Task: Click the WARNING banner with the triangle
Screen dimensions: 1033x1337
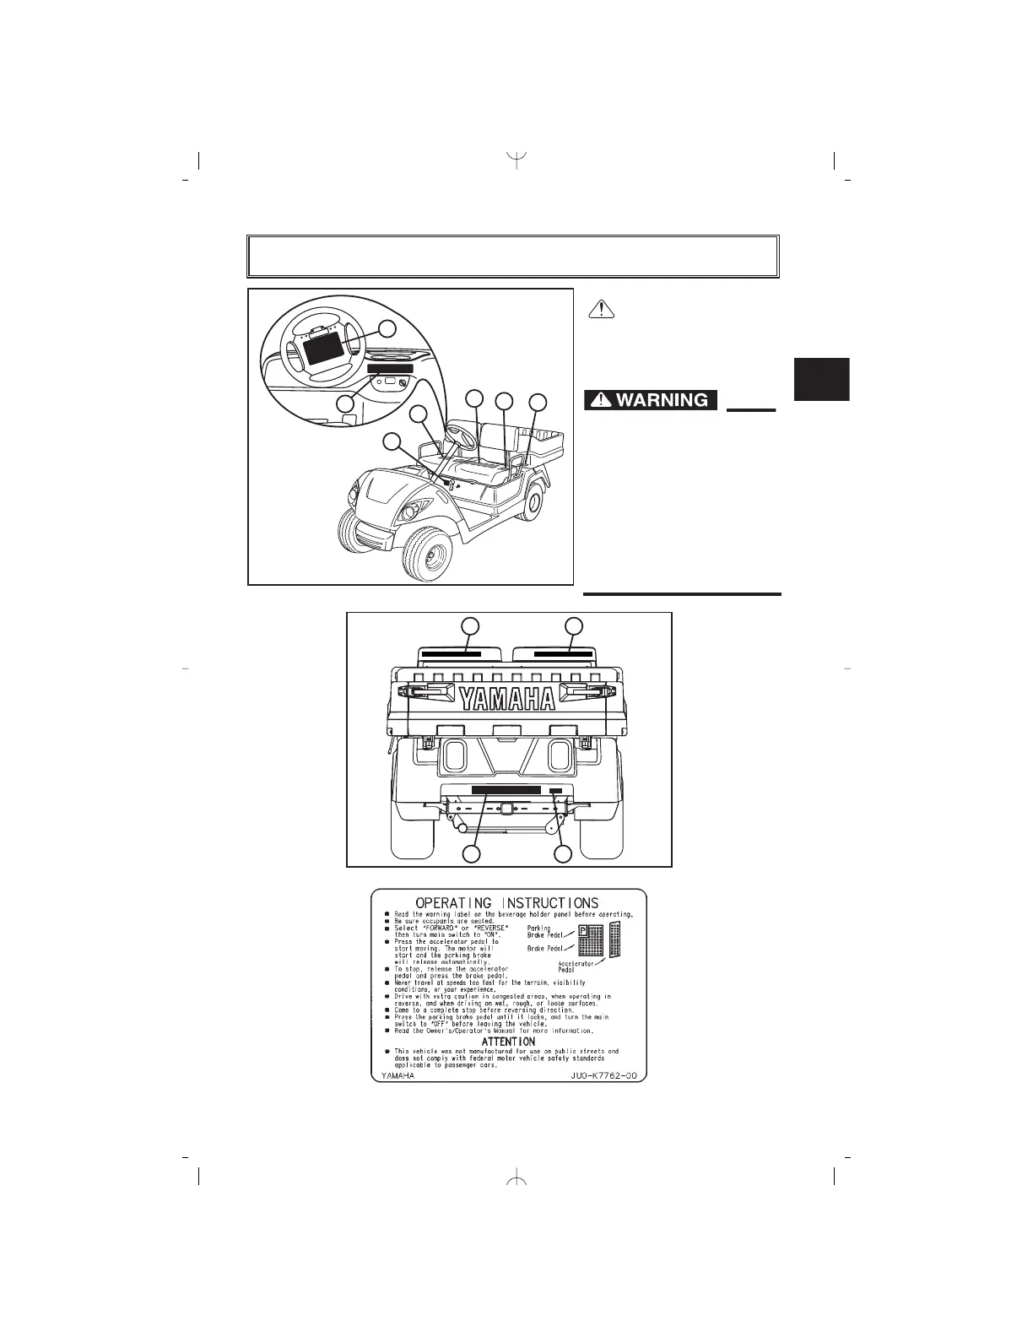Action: pyautogui.click(x=650, y=400)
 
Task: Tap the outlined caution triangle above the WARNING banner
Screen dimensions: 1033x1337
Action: pyautogui.click(x=601, y=309)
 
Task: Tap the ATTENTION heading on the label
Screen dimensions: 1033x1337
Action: pyautogui.click(x=508, y=1042)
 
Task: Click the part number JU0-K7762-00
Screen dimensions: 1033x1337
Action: pyautogui.click(x=601, y=1077)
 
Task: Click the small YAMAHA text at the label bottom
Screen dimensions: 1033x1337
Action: pyautogui.click(x=397, y=1077)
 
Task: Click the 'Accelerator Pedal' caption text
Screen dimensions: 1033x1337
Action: pyautogui.click(x=577, y=966)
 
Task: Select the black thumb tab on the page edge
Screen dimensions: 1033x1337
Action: pyautogui.click(x=821, y=379)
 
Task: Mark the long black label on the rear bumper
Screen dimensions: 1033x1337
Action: pyautogui.click(x=506, y=790)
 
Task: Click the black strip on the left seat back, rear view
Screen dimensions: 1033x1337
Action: pyautogui.click(x=452, y=653)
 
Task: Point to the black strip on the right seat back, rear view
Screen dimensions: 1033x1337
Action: pyautogui.click(x=563, y=653)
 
